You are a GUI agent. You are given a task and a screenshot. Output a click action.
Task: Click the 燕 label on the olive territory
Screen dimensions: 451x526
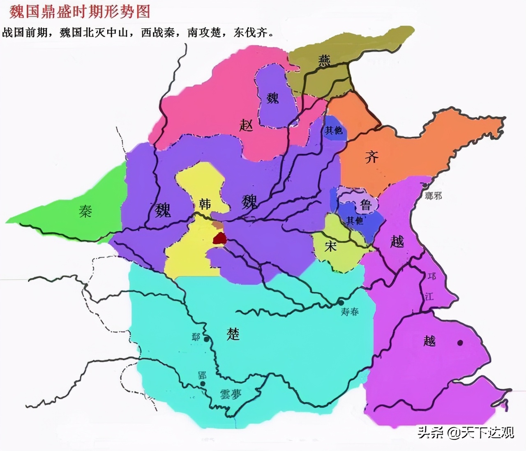pyautogui.click(x=324, y=61)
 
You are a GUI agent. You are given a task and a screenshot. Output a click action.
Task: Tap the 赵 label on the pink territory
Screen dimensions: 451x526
pyautogui.click(x=246, y=124)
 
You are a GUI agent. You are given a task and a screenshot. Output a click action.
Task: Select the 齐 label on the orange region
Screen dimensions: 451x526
pyautogui.click(x=371, y=156)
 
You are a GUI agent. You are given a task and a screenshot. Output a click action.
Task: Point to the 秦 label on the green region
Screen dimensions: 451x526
pyautogui.click(x=85, y=211)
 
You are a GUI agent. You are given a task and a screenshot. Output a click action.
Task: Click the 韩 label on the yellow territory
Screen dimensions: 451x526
pyautogui.click(x=205, y=204)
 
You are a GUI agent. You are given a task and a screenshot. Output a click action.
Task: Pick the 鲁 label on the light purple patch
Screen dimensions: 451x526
pyautogui.click(x=365, y=205)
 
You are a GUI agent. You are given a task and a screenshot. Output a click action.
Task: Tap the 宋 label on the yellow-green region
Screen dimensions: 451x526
pyautogui.click(x=331, y=246)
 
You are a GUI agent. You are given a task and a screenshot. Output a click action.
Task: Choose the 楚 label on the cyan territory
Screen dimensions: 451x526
pyautogui.click(x=233, y=334)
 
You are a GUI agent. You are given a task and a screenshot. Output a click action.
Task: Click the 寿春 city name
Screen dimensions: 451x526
pyautogui.click(x=350, y=312)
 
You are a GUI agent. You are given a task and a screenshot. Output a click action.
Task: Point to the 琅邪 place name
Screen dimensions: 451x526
pyautogui.click(x=434, y=196)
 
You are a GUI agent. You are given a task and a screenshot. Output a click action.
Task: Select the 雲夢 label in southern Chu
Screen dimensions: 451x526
pyautogui.click(x=231, y=394)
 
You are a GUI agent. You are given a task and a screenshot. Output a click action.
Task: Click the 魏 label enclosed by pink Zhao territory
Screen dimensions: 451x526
pyautogui.click(x=272, y=98)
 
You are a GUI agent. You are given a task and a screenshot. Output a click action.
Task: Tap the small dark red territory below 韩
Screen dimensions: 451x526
pyautogui.click(x=220, y=239)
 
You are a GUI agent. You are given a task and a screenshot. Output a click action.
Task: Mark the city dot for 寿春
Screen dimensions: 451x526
pyautogui.click(x=341, y=302)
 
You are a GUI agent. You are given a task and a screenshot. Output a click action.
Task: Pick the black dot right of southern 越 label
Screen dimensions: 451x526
pyautogui.click(x=460, y=343)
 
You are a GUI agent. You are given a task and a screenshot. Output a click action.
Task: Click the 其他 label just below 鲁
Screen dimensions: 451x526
pyautogui.click(x=354, y=221)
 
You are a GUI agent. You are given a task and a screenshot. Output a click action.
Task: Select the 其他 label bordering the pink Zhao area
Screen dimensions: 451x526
pyautogui.click(x=333, y=130)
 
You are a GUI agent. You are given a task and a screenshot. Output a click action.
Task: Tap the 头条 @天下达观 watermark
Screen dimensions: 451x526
pyautogui.click(x=466, y=432)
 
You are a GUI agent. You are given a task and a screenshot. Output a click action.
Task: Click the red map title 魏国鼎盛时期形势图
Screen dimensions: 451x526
pyautogui.click(x=80, y=12)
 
